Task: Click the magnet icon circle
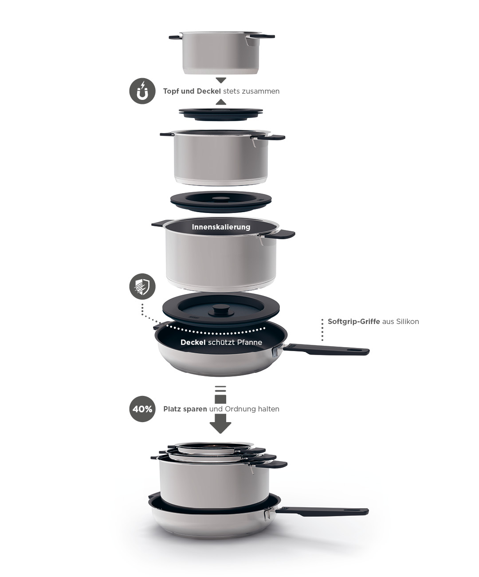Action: coord(142,91)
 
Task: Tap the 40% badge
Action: coord(142,409)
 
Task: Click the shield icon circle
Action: coord(142,286)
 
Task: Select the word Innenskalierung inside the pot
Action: coord(221,227)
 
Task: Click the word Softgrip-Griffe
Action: coord(353,321)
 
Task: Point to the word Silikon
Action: coord(408,321)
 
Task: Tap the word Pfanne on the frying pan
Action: coord(250,342)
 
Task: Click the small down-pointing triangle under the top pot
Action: coord(221,80)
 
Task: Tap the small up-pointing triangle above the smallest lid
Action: coord(221,102)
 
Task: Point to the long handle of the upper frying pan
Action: coord(326,349)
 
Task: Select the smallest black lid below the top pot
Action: coord(221,115)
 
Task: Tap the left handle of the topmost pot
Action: coord(175,37)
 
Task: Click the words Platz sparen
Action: coord(185,409)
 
